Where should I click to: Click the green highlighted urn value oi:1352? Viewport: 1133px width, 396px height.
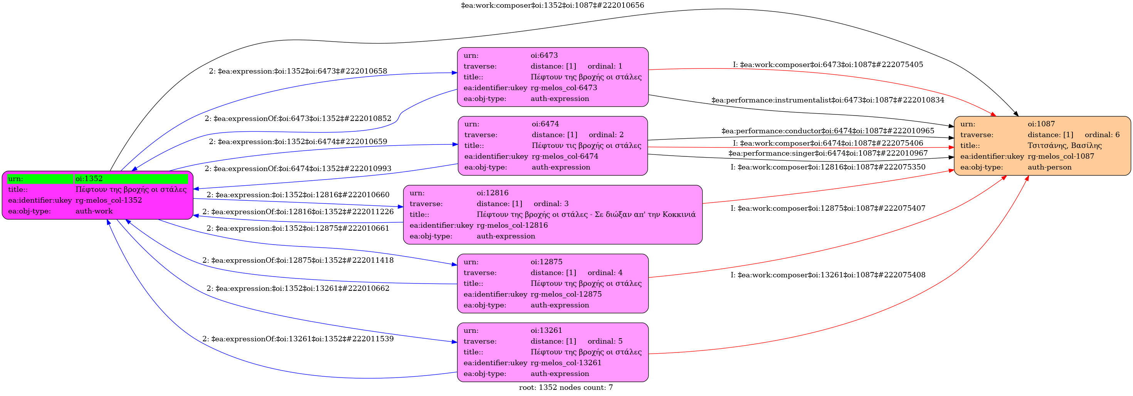coord(89,178)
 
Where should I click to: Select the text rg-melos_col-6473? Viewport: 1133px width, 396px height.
coord(563,87)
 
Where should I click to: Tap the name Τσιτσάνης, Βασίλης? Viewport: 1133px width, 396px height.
coord(1064,146)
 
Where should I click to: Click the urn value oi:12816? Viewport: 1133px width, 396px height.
coord(492,193)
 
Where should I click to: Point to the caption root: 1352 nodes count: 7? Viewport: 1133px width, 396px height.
coord(566,387)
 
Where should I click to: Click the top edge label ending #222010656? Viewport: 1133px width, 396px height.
coord(552,5)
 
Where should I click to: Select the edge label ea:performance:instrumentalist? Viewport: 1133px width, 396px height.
coord(827,100)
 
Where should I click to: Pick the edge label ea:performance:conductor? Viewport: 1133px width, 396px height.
coord(827,131)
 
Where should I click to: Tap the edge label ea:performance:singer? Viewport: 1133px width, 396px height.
coord(827,153)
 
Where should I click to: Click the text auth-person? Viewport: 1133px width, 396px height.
coord(1049,167)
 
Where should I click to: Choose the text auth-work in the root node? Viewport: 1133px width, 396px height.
coord(94,211)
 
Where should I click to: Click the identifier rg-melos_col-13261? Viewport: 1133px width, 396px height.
coord(566,362)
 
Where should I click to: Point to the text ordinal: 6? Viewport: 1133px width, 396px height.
coord(1102,134)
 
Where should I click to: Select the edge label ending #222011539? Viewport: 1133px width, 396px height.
coord(298,339)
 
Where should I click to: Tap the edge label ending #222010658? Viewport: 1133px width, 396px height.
coord(298,71)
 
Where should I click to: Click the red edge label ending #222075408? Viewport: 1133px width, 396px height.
coord(827,275)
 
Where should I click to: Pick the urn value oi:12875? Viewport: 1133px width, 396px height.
coord(546,262)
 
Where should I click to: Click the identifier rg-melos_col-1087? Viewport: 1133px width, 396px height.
coord(1061,156)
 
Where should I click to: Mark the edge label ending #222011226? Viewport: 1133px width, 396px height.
coord(298,211)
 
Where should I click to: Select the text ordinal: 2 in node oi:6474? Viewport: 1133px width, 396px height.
coord(606,134)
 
